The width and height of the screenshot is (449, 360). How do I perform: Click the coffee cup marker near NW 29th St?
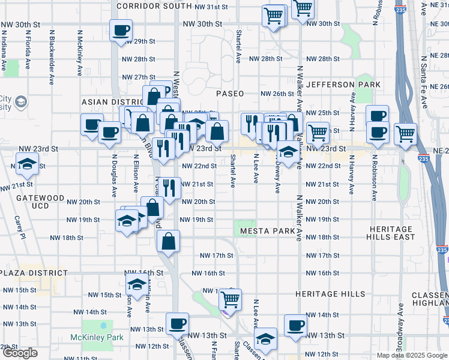coord(121,29)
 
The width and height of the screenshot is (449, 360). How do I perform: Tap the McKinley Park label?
coord(103,337)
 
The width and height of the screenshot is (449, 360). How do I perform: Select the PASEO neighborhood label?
coord(230,94)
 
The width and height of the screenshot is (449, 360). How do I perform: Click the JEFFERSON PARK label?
coord(343,85)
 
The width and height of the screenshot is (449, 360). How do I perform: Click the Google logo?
coord(20,353)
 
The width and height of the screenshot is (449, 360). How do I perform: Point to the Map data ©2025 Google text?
coord(412,355)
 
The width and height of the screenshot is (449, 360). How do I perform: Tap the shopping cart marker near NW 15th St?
coord(231,298)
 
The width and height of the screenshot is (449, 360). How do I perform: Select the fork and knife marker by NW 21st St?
coord(171,187)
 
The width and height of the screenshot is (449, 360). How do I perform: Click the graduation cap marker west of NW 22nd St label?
coord(28,163)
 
